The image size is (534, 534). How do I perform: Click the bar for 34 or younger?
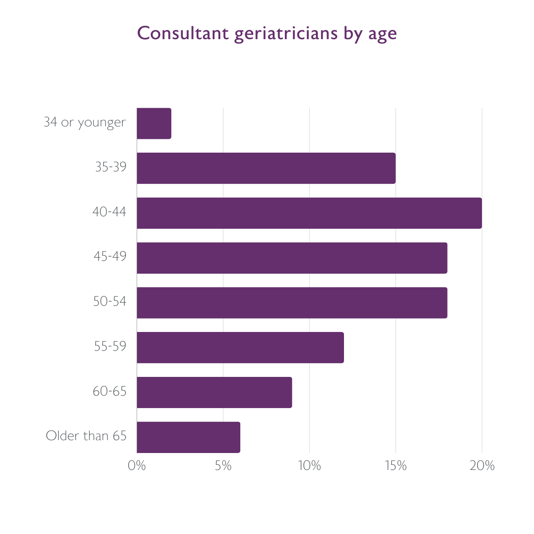(x=154, y=123)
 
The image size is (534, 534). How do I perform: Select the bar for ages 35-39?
(x=266, y=168)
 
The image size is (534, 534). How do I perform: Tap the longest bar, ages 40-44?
(x=309, y=213)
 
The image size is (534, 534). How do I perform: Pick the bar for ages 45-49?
(x=292, y=258)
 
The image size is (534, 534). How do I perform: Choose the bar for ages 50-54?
(x=292, y=303)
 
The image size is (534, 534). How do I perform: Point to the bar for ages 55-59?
(x=240, y=348)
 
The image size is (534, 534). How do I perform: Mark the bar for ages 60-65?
(x=214, y=392)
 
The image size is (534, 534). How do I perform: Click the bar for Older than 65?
(x=188, y=437)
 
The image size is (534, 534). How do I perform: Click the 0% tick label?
(x=137, y=466)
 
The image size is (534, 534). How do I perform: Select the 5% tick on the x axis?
(x=223, y=466)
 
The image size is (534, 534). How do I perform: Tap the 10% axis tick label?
(x=309, y=466)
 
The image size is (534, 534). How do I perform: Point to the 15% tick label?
(x=396, y=466)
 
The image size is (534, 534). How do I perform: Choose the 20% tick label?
(x=482, y=466)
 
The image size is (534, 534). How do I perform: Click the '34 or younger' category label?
(x=85, y=122)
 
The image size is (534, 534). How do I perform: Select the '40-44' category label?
(x=109, y=212)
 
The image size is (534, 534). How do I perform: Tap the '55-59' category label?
(x=110, y=346)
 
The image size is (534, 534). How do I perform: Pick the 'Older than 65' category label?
(x=86, y=436)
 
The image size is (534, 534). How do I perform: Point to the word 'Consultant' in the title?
(x=182, y=33)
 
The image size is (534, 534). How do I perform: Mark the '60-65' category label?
(x=110, y=391)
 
